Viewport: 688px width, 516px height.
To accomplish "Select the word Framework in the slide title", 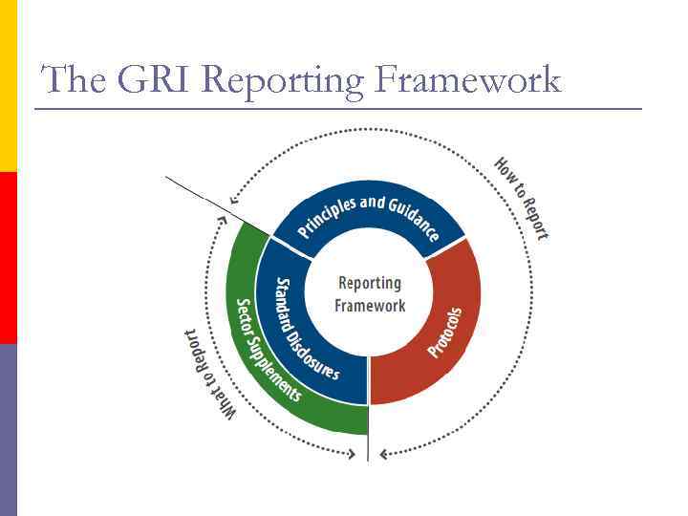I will [467, 79].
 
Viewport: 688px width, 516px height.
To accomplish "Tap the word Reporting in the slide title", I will [284, 81].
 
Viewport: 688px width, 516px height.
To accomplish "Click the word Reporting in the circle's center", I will [370, 283].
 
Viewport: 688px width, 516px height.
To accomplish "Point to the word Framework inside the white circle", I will [370, 306].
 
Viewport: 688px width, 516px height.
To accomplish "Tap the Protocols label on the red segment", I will [444, 333].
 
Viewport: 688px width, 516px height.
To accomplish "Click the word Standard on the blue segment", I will [286, 305].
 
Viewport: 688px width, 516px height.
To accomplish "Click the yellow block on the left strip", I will [9, 86].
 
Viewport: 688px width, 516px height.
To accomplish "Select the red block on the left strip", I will [9, 258].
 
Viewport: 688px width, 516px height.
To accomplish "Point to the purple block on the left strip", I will [9, 430].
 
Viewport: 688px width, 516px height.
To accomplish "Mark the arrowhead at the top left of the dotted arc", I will [233, 202].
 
